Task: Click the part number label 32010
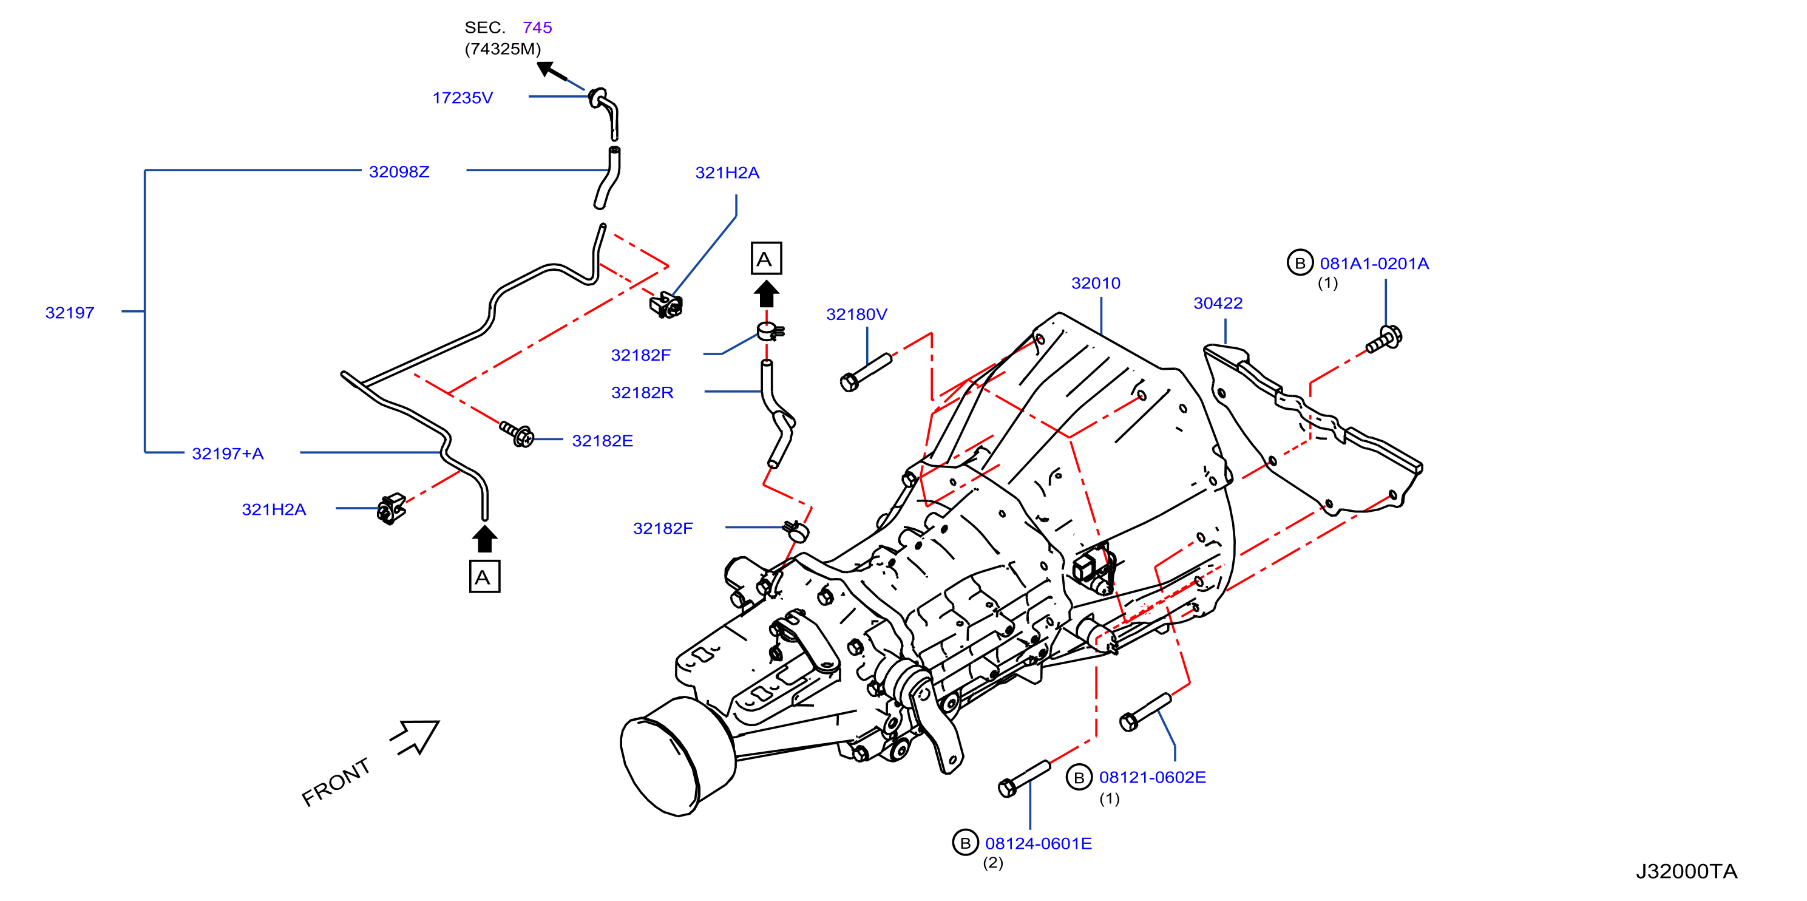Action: coord(1095,283)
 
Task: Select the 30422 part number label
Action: coord(1218,303)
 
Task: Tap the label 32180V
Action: coord(856,314)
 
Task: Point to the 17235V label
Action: coord(463,98)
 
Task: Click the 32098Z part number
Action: coord(399,172)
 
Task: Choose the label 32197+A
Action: coord(228,454)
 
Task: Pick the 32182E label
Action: coord(603,441)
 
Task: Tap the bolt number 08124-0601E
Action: coord(1038,843)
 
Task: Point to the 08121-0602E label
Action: coord(1153,778)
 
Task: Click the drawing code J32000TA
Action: coord(1686,871)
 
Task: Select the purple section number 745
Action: coord(537,27)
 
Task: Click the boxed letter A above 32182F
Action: coord(765,258)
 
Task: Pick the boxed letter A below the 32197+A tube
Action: coord(484,577)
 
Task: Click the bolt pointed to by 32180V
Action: coord(866,372)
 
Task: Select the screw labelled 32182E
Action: coord(517,433)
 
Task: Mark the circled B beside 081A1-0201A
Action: coord(1299,263)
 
